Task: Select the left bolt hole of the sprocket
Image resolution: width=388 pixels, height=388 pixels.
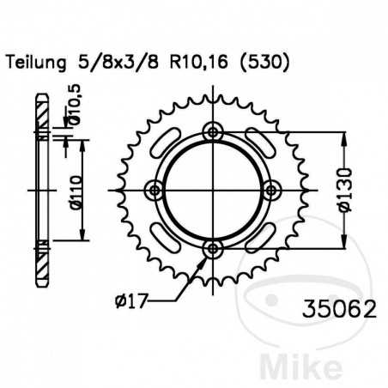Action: pos(155,190)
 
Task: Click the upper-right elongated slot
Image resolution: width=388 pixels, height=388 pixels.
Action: pos(256,147)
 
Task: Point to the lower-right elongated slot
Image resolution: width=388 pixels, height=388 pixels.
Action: pos(256,233)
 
